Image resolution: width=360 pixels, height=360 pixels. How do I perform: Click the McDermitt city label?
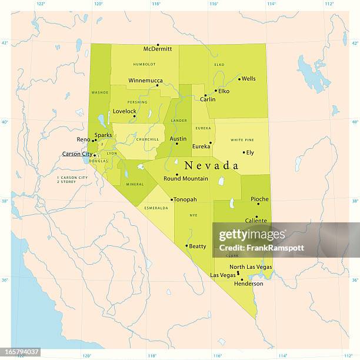coord(158,49)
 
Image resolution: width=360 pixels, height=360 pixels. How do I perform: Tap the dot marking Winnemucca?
coord(158,85)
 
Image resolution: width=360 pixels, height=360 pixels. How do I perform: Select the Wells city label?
coord(249,78)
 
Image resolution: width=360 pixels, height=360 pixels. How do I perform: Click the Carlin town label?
coord(208,99)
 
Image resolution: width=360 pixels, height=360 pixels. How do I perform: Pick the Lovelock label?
coord(124,111)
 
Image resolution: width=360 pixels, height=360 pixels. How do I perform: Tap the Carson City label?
coord(77,154)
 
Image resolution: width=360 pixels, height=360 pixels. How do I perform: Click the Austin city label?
coord(178,139)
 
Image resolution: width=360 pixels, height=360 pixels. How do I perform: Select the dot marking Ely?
coord(244,152)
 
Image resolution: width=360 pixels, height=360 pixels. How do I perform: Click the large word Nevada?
coord(211,166)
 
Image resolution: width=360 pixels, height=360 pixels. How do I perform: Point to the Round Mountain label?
coord(186,178)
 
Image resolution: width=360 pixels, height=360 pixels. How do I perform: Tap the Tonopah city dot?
coord(172,199)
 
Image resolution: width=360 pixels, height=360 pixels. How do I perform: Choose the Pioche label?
coord(259,199)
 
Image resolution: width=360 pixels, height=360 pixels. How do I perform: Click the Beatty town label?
coord(198,246)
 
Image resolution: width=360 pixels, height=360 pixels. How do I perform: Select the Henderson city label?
coord(248,284)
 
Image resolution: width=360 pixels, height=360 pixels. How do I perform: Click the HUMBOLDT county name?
coord(144,64)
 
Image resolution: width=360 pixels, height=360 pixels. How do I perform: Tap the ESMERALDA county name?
coord(156,208)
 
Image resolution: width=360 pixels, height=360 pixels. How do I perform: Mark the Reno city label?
coord(84,139)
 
